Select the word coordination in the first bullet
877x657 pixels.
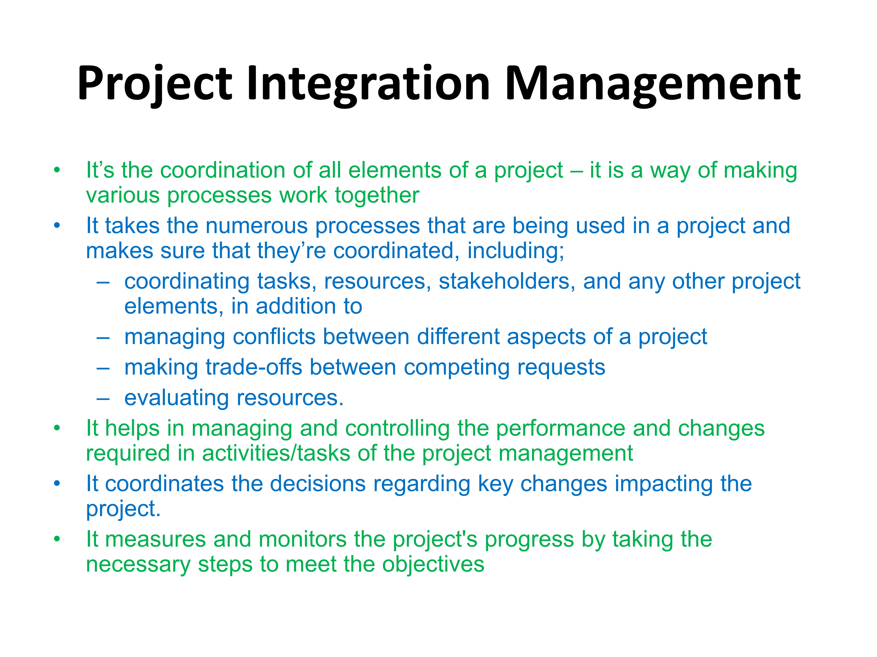223,170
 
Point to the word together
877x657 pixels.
377,196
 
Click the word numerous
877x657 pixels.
256,226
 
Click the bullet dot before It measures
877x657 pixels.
57,539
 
